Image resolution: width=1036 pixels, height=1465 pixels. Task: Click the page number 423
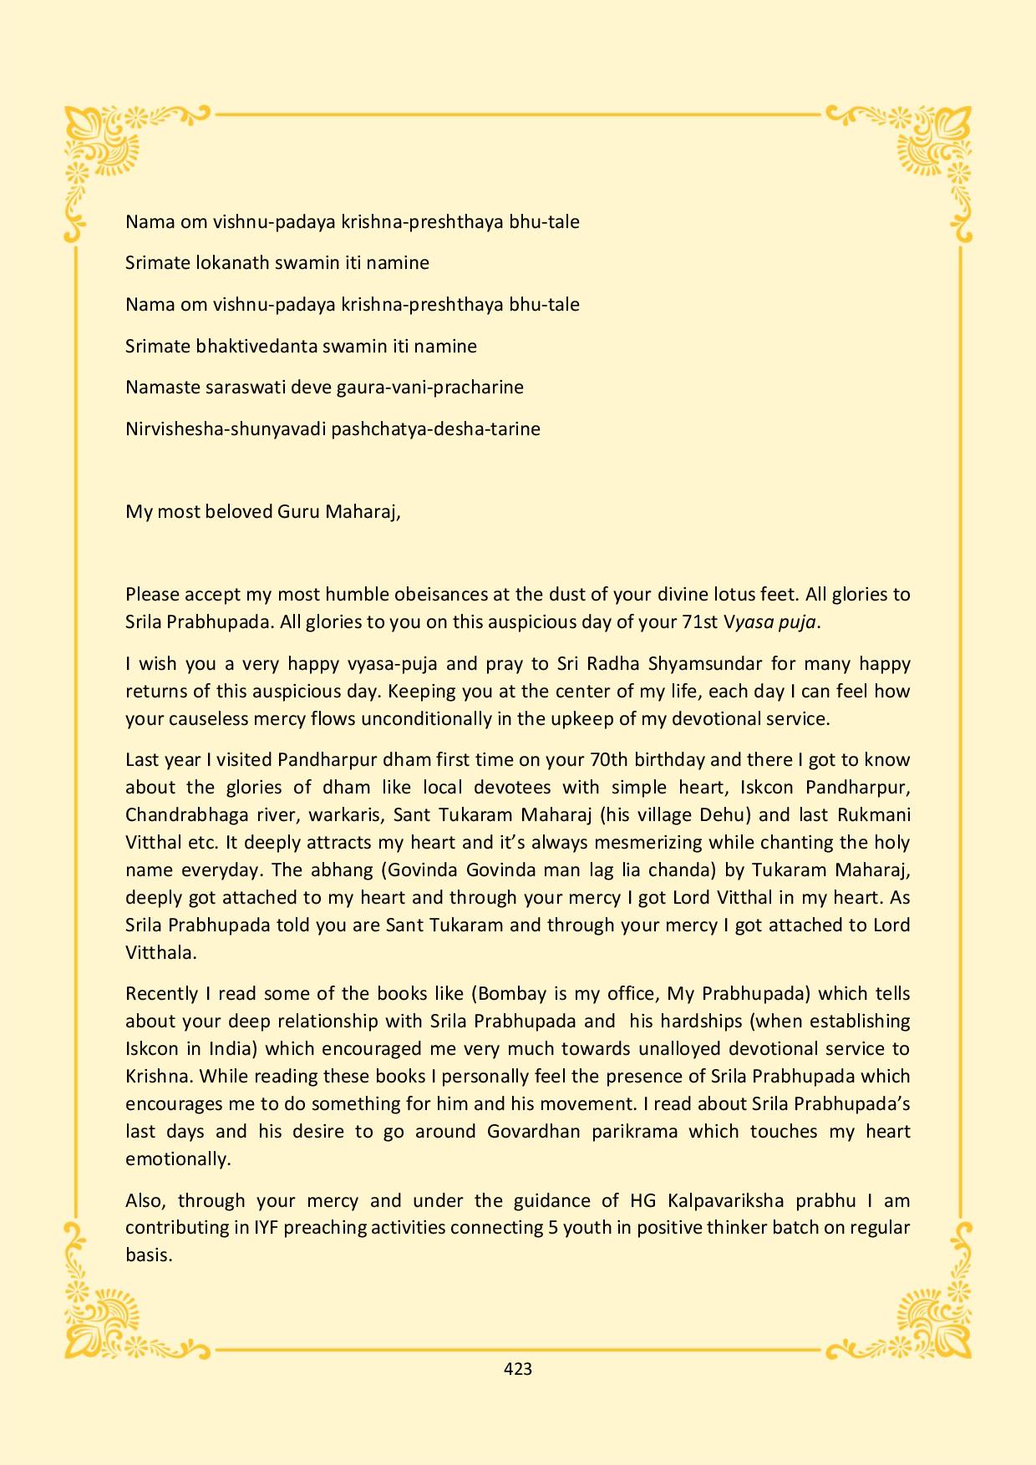(x=518, y=1368)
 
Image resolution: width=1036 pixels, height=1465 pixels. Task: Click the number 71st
(x=700, y=622)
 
